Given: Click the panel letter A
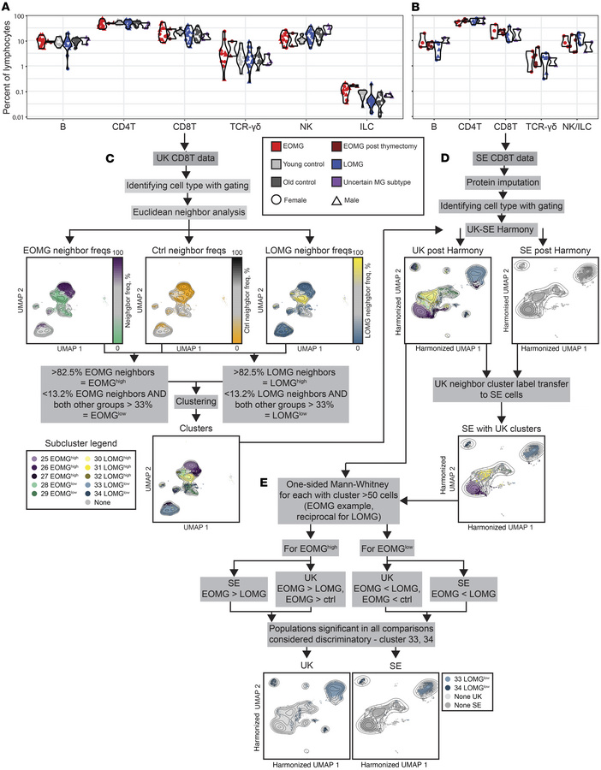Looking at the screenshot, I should pyautogui.click(x=6, y=8).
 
